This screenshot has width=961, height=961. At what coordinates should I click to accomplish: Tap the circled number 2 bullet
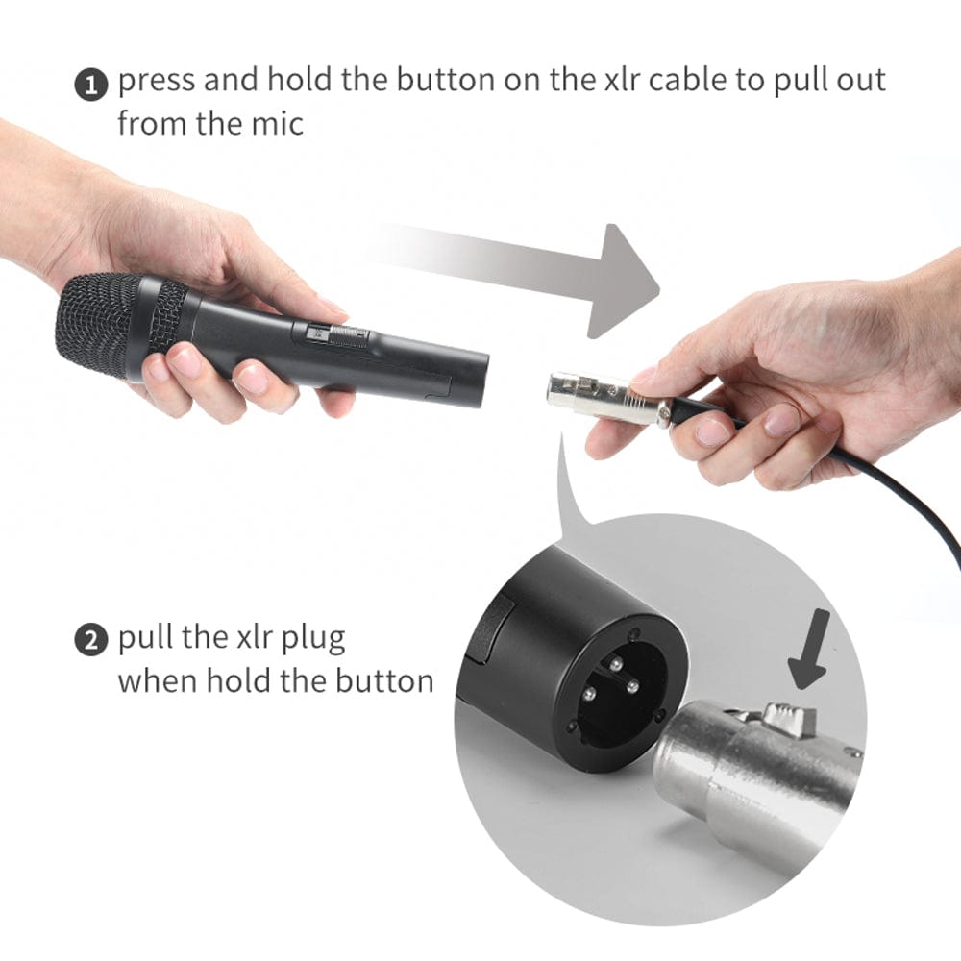coord(90,641)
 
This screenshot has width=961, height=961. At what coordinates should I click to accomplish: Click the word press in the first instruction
coord(157,81)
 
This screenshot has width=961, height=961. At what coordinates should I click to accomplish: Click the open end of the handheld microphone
coord(477,379)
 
